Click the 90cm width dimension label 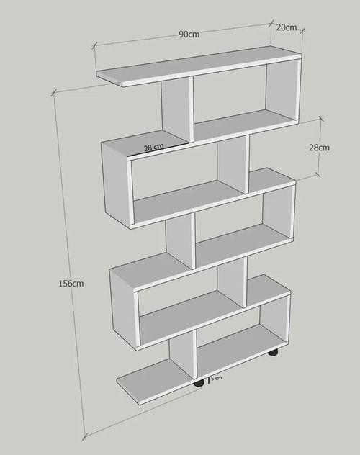(x=189, y=35)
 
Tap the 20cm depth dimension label (x=287, y=27)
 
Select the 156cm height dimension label (x=71, y=283)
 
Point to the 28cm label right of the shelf (x=319, y=148)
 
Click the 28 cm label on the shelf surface (x=154, y=148)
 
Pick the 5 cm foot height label (x=217, y=378)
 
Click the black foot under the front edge (x=199, y=384)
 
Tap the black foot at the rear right (x=274, y=353)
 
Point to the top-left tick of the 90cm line (x=94, y=45)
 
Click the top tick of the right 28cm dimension (x=320, y=118)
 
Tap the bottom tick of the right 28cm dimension (x=318, y=175)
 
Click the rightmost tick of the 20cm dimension (x=302, y=30)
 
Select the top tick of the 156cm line (x=53, y=93)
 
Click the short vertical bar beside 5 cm (x=209, y=380)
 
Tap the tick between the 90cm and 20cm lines (x=271, y=22)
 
